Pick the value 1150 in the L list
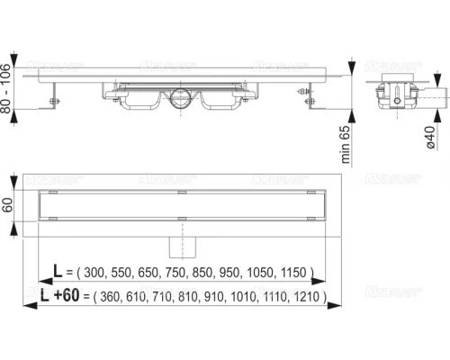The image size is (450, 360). pyautogui.click(x=294, y=271)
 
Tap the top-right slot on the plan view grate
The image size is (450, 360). pyautogui.click(x=310, y=193)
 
